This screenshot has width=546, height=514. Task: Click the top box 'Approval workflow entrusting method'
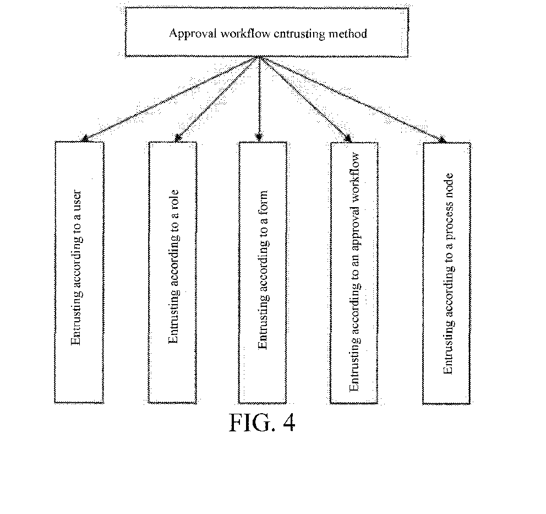[268, 31]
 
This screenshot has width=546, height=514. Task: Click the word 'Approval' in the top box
[187, 33]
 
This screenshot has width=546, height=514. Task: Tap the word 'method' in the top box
[349, 33]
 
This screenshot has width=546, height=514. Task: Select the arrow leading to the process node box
[352, 99]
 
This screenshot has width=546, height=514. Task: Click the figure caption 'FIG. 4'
[262, 423]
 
